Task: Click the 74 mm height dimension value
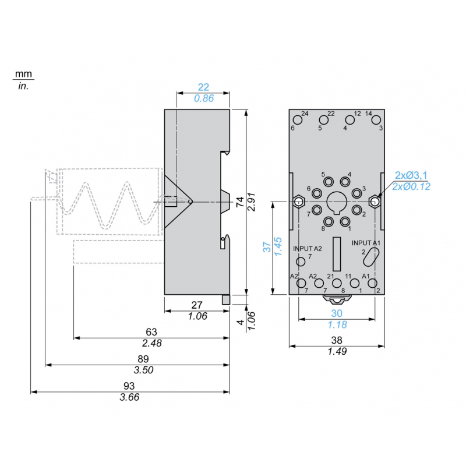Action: (x=239, y=202)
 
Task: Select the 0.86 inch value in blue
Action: (x=203, y=98)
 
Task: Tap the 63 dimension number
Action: (x=151, y=331)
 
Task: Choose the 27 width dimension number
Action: (x=197, y=305)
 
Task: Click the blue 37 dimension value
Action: (x=267, y=247)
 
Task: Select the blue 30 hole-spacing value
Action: (x=337, y=313)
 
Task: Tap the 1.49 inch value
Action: (x=337, y=351)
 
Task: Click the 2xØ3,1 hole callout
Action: (x=412, y=175)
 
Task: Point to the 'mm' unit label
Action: (x=23, y=74)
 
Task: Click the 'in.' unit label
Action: (x=23, y=86)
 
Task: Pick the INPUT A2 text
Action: (x=308, y=248)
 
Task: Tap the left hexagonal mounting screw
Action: (x=298, y=202)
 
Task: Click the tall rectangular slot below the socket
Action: (x=337, y=250)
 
